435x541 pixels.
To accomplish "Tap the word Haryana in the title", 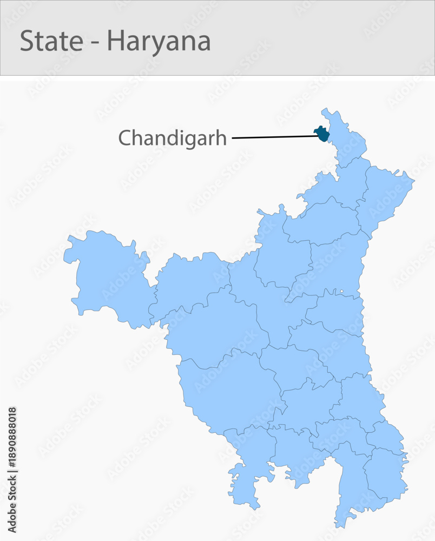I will tap(159, 42).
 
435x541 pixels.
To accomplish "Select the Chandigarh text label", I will tap(172, 138).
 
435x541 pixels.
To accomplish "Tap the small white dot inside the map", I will tap(341, 292).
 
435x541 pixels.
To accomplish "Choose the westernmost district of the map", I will tap(108, 276).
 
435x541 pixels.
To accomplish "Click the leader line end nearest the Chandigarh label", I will tap(234, 138).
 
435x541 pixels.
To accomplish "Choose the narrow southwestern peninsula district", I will tap(246, 471).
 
